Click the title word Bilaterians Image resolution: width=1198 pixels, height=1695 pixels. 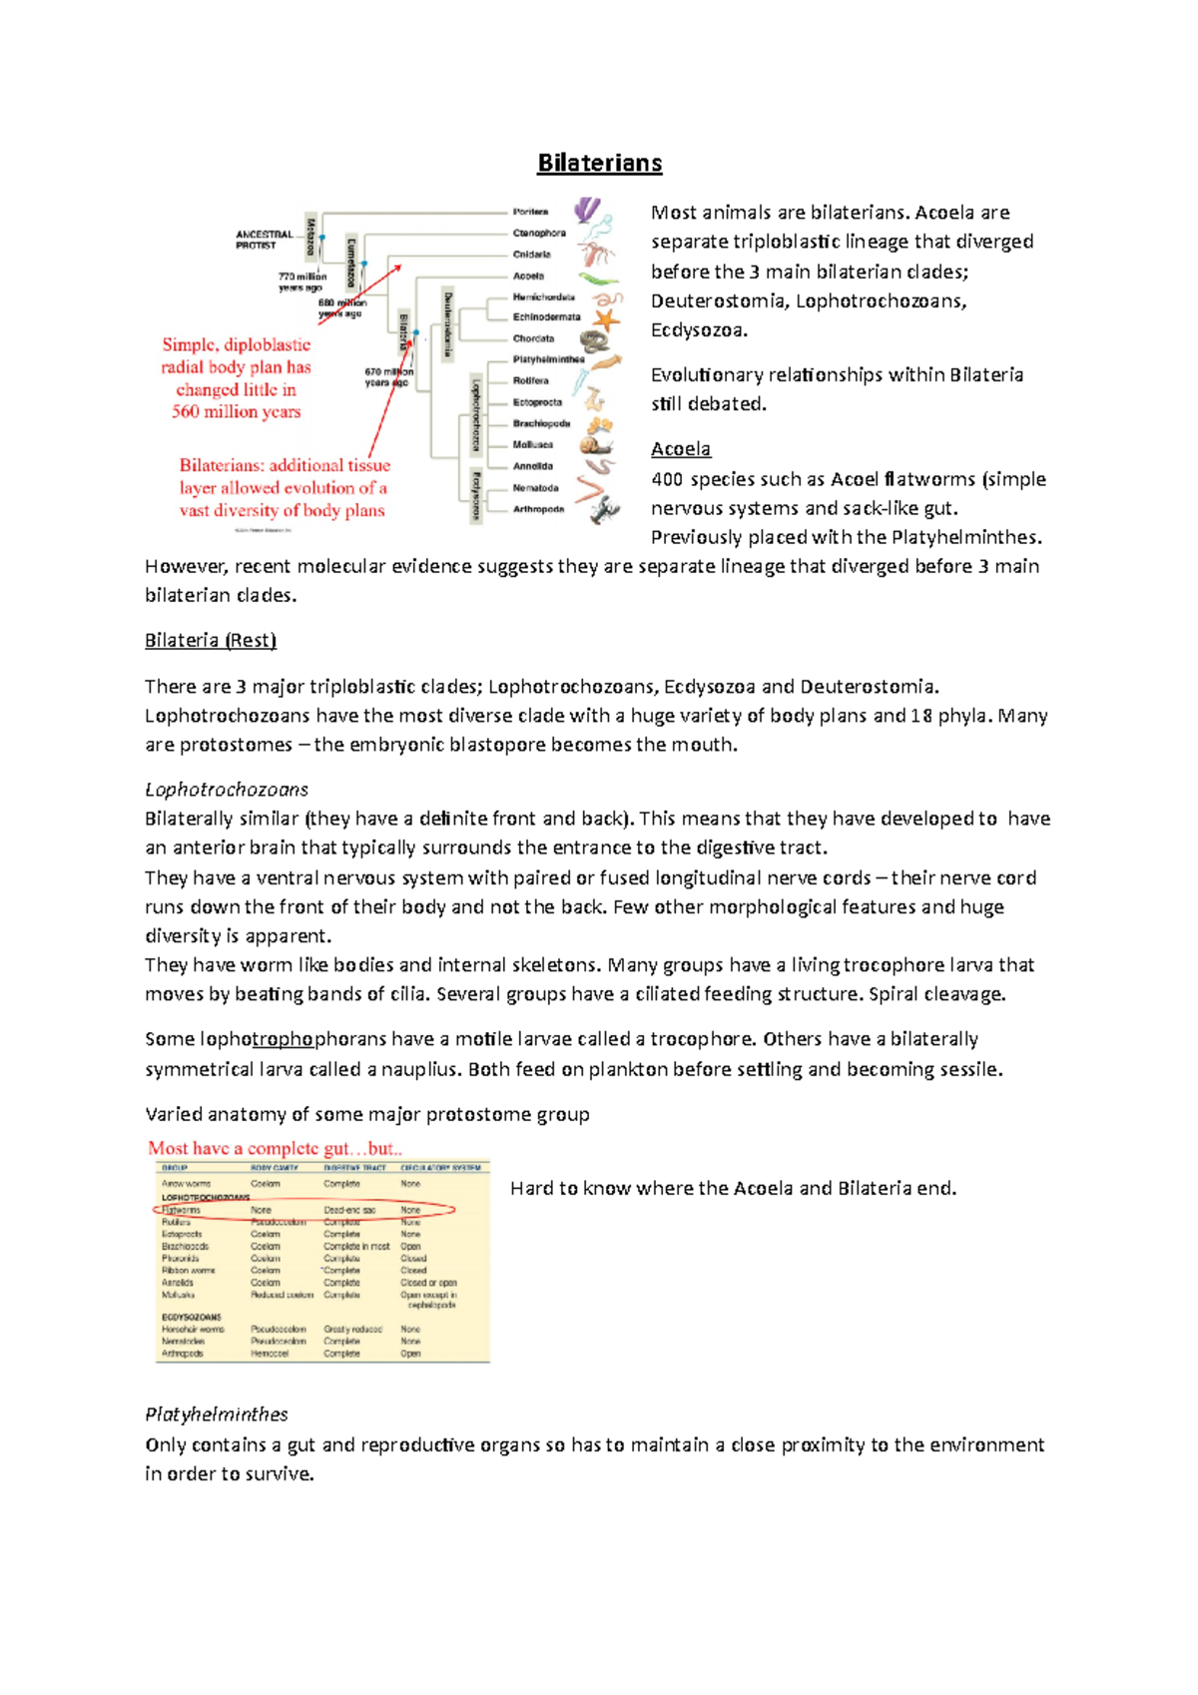pos(599,163)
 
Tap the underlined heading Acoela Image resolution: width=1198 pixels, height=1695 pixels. pos(681,449)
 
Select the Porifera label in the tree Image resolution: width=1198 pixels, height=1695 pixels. pos(530,212)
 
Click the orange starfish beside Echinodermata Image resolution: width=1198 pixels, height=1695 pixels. pos(605,319)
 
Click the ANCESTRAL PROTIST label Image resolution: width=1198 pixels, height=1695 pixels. pos(264,240)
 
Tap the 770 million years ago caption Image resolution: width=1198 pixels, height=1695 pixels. pos(301,282)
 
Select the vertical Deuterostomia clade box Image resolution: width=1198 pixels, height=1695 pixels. pos(448,323)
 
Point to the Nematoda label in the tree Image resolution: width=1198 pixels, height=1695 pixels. pos(535,488)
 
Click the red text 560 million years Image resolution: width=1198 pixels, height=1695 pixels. pos(236,411)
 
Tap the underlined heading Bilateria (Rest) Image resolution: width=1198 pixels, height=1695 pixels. pos(211,640)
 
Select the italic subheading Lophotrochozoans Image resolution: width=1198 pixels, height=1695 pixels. pos(227,790)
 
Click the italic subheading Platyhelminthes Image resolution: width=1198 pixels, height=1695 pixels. pos(217,1414)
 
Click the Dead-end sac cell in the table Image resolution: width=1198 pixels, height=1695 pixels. pos(349,1210)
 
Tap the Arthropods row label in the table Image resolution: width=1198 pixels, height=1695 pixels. pos(183,1354)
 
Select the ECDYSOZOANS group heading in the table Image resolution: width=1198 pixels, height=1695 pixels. pos(192,1318)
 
